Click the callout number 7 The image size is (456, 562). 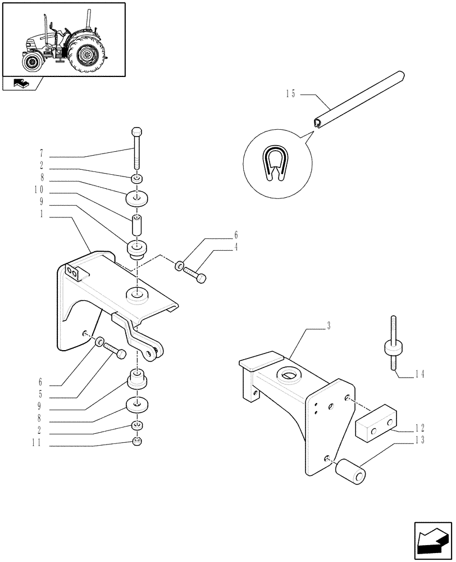(x=41, y=152)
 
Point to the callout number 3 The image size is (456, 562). (x=329, y=325)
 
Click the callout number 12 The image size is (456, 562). (x=419, y=427)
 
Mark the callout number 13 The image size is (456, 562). (x=419, y=440)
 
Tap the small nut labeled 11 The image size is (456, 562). (x=137, y=442)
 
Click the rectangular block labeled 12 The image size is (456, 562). (x=376, y=424)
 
